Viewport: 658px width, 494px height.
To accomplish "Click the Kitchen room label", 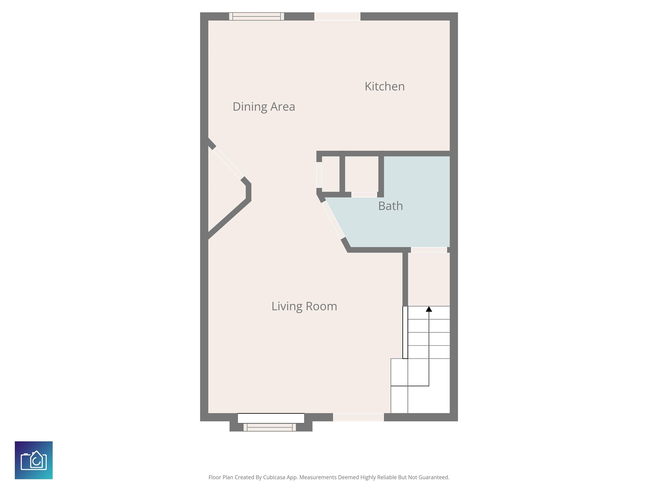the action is (385, 86).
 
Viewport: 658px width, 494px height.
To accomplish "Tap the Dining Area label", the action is (264, 107).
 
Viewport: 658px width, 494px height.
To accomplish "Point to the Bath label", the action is (390, 206).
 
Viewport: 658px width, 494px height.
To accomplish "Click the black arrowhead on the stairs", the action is (429, 309).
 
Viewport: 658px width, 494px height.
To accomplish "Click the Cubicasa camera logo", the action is (34, 460).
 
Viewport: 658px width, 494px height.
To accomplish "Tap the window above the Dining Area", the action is (256, 16).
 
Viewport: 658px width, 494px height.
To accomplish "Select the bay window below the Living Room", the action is (270, 427).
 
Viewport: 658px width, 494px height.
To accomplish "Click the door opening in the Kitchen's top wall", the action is (337, 16).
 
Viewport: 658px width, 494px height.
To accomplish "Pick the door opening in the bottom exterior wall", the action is (358, 417).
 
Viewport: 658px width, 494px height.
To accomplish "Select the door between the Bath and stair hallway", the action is (429, 250).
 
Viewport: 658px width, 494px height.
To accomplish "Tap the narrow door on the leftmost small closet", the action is (319, 175).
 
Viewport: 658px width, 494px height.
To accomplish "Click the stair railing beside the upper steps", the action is (405, 332).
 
